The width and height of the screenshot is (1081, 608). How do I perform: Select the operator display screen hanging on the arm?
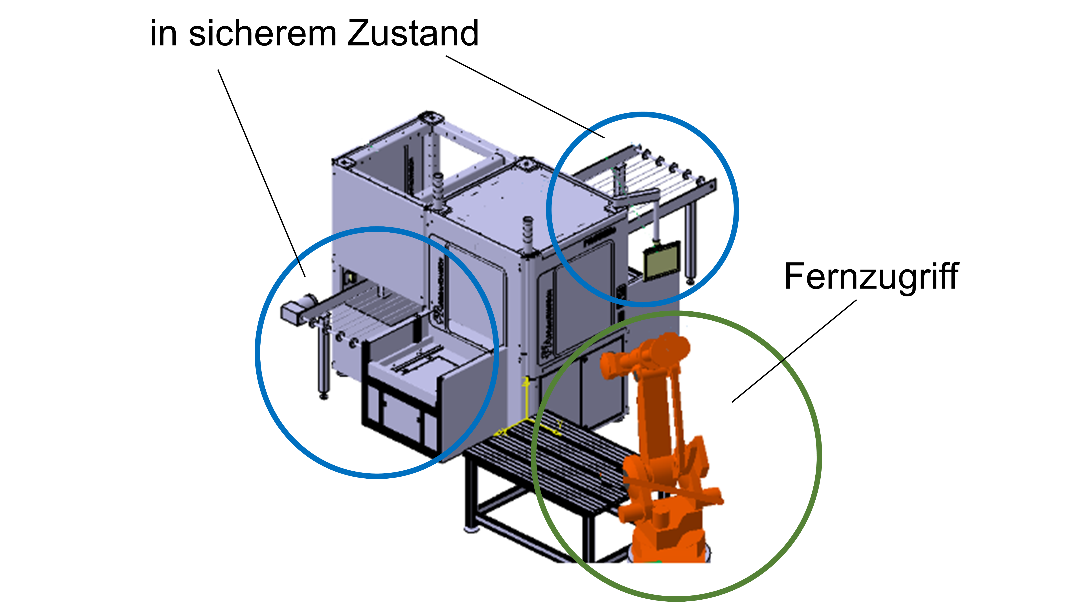[662, 261]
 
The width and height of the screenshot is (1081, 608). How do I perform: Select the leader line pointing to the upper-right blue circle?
[525, 97]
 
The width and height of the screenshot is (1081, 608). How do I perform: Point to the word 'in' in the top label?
[164, 34]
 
